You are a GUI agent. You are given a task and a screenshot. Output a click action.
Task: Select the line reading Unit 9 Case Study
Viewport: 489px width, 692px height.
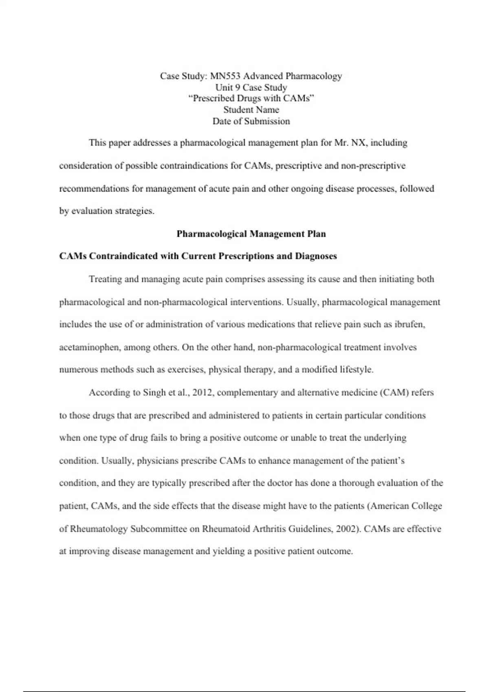click(x=251, y=88)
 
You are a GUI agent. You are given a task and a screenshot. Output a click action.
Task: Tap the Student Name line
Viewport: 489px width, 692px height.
click(x=251, y=110)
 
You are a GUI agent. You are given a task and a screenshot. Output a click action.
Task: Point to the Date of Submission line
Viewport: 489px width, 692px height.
click(x=251, y=121)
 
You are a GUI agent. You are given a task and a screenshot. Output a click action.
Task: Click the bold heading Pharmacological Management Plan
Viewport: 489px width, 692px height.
click(x=251, y=234)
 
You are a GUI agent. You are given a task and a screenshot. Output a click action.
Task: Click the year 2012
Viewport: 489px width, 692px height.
click(x=203, y=393)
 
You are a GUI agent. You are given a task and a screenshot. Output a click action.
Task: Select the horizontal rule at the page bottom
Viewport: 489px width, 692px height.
click(x=244, y=691)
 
